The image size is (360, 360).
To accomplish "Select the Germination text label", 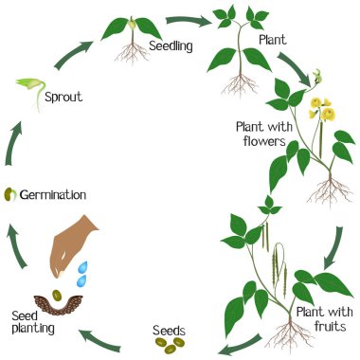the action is [x=52, y=194].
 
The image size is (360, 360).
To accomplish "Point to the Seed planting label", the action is [x=33, y=321].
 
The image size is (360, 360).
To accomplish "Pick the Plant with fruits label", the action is [x=322, y=318].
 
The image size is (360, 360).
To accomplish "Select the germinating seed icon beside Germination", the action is [x=10, y=194].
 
